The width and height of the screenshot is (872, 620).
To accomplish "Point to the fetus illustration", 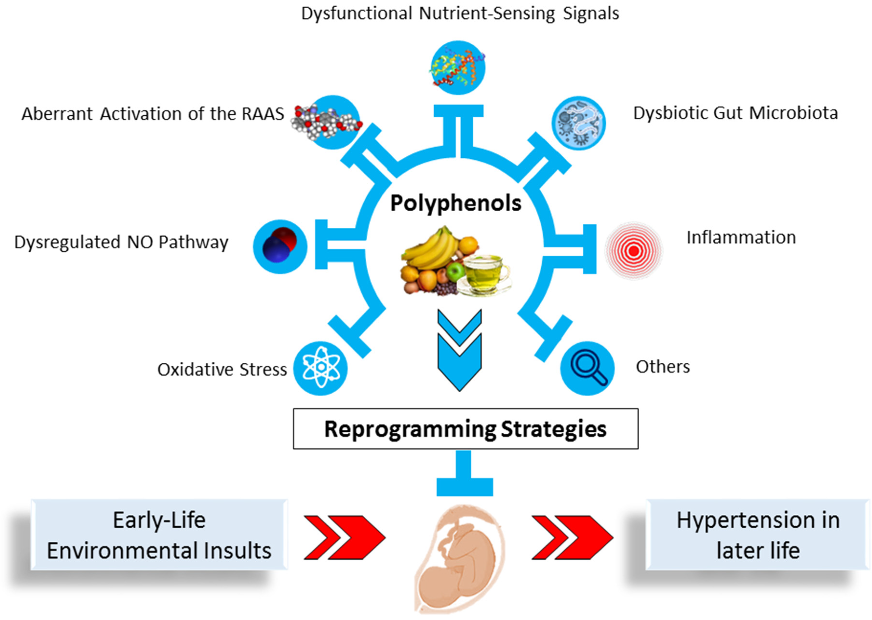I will pyautogui.click(x=458, y=557).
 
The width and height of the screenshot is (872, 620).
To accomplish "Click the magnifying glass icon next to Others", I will pyautogui.click(x=587, y=368).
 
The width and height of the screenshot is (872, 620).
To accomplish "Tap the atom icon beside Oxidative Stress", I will pyautogui.click(x=320, y=368).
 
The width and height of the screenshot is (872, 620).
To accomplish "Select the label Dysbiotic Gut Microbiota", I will pyautogui.click(x=735, y=113).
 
